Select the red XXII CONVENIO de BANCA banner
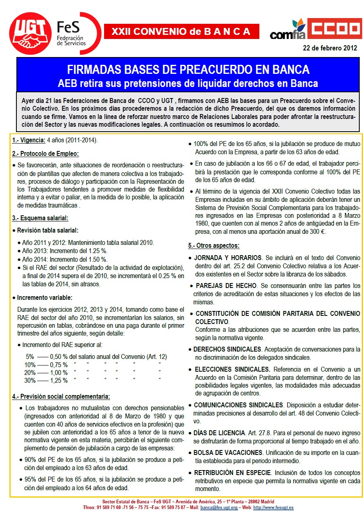(x=181, y=31)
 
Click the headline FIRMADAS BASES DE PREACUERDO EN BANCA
(x=188, y=70)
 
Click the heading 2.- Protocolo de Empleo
(x=45, y=153)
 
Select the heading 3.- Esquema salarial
(x=40, y=218)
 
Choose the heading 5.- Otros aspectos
(x=214, y=245)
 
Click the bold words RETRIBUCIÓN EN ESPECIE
(x=232, y=473)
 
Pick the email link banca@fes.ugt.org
(x=219, y=507)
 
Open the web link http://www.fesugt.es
(x=273, y=507)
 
